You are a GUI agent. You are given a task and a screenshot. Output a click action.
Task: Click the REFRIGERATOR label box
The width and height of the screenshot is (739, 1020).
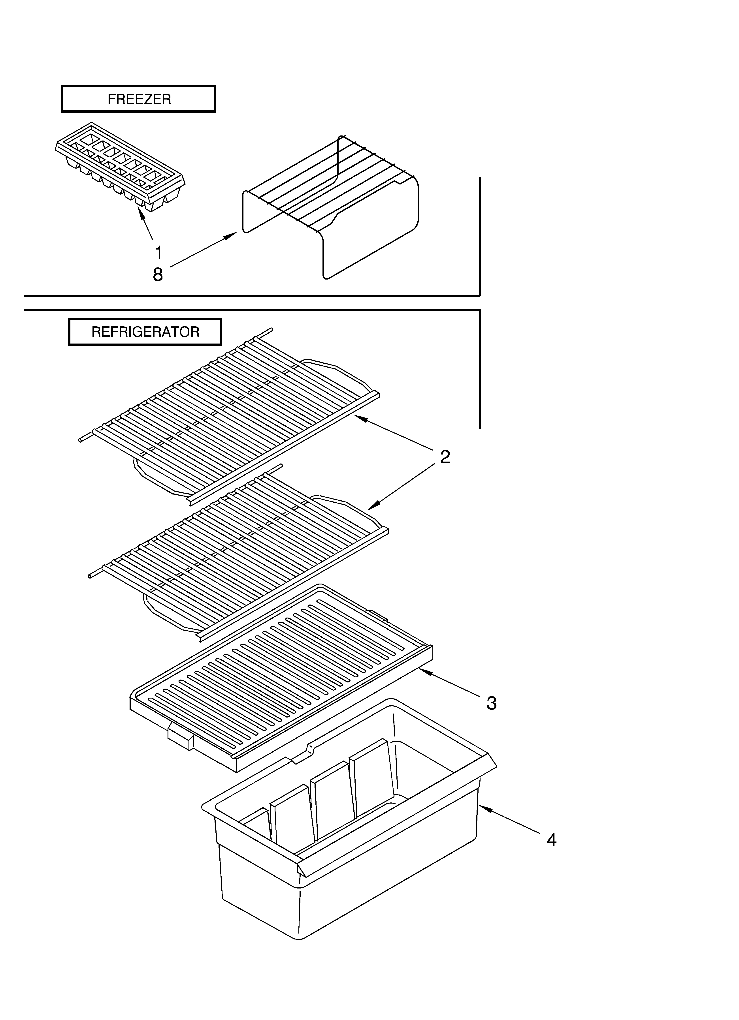point(145,332)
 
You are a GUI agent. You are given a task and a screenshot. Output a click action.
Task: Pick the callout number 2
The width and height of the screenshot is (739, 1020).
point(445,457)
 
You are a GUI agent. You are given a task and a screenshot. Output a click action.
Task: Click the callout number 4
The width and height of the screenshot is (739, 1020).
point(551,840)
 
